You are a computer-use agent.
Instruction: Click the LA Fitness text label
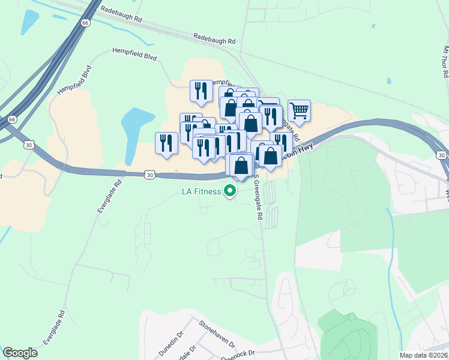[201, 192]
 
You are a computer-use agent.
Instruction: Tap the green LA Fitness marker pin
[229, 192]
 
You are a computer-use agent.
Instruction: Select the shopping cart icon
[298, 110]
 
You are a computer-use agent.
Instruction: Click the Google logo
[20, 353]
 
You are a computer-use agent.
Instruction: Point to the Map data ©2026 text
[423, 355]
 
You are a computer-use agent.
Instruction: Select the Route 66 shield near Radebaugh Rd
[85, 23]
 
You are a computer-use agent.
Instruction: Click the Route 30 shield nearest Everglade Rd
[150, 175]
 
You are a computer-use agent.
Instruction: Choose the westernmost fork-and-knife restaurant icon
[166, 143]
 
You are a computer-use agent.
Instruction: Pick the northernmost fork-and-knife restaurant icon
[201, 90]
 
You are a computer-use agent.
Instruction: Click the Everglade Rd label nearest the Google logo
[55, 327]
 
